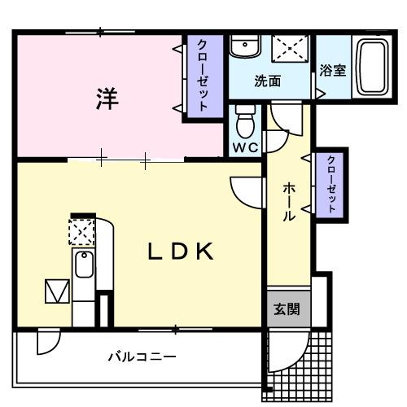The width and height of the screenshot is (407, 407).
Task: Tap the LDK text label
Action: click(x=181, y=252)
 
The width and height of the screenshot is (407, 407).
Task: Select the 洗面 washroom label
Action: click(x=268, y=81)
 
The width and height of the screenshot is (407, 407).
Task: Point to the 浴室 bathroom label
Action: click(x=333, y=69)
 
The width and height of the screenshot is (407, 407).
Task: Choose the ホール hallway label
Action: click(x=289, y=202)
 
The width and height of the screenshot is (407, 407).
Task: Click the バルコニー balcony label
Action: click(x=142, y=357)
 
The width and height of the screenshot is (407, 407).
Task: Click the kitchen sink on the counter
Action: click(x=84, y=264)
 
